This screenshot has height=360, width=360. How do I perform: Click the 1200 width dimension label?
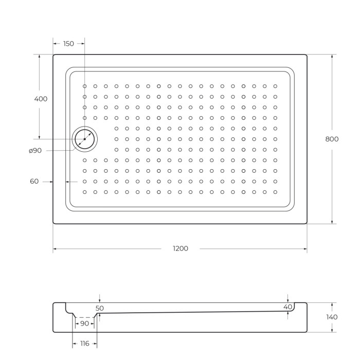pos(180,249)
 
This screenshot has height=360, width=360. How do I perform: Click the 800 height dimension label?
pos(332,139)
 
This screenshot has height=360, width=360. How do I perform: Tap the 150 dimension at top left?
pos(68,44)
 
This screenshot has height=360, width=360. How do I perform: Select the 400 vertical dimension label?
pos(41,99)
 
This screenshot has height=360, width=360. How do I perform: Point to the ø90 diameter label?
pos(35,150)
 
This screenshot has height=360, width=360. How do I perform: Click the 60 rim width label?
pos(34,182)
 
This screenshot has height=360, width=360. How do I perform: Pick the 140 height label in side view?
pos(332,317)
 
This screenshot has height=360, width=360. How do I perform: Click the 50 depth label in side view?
pos(100,308)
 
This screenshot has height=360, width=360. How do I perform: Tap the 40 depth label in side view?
pos(287,307)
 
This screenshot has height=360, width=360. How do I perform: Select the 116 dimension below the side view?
pos(84,343)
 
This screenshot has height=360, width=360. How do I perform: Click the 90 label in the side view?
pos(84,323)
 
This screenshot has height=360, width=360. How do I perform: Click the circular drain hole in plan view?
pos(84,139)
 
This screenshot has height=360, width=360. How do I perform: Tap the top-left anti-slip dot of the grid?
pos(85,86)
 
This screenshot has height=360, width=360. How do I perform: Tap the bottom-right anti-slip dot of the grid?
pos(275,192)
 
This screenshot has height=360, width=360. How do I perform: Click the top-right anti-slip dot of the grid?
pos(275,86)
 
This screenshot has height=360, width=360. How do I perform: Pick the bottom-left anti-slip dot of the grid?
pos(85,192)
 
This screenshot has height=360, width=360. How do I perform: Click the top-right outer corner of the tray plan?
pos(307,55)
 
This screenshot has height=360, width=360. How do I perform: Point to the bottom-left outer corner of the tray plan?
pos(53,223)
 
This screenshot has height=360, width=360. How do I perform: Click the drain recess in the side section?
pos(84,315)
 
